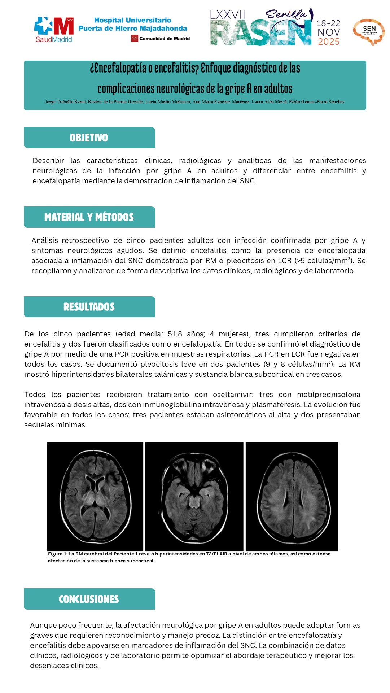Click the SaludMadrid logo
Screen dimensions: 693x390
tap(54, 30)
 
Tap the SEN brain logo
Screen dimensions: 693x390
tap(369, 32)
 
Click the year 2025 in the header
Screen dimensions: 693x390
tap(329, 42)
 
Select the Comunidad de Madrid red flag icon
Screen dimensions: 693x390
tap(135, 39)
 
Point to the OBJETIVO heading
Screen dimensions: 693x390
tap(89, 138)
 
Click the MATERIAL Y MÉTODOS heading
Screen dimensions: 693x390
tap(89, 217)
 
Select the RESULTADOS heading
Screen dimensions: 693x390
tap(89, 307)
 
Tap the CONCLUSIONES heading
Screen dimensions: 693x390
tap(89, 599)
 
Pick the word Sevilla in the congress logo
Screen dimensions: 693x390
tap(286, 15)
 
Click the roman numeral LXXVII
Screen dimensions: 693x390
tap(227, 15)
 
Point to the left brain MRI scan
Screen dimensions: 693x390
tap(95, 496)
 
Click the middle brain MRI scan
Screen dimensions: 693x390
tap(194, 496)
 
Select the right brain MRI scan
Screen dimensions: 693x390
tap(292, 496)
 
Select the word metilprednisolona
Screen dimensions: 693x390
tap(329, 395)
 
